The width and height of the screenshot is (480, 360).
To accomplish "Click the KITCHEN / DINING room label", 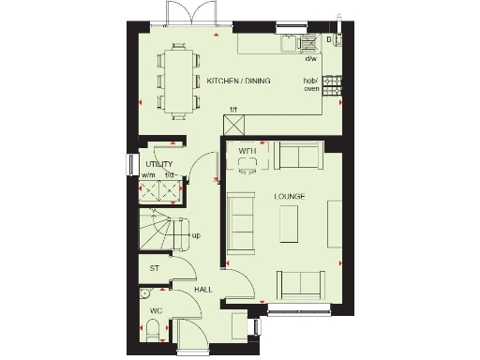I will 238,82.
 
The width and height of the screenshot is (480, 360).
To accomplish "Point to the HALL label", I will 202,291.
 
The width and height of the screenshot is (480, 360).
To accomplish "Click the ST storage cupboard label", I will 154,268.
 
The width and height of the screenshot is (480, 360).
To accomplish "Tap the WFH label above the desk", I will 247,150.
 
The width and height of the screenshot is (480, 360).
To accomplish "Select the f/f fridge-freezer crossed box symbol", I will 234,122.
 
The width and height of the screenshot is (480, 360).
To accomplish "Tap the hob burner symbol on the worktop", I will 331,85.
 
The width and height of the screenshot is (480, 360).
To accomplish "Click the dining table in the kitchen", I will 178,80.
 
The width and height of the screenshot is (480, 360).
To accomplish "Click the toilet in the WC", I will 152,329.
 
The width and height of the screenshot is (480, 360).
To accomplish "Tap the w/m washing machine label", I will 148,174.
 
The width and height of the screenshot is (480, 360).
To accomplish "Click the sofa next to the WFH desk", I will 299,156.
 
